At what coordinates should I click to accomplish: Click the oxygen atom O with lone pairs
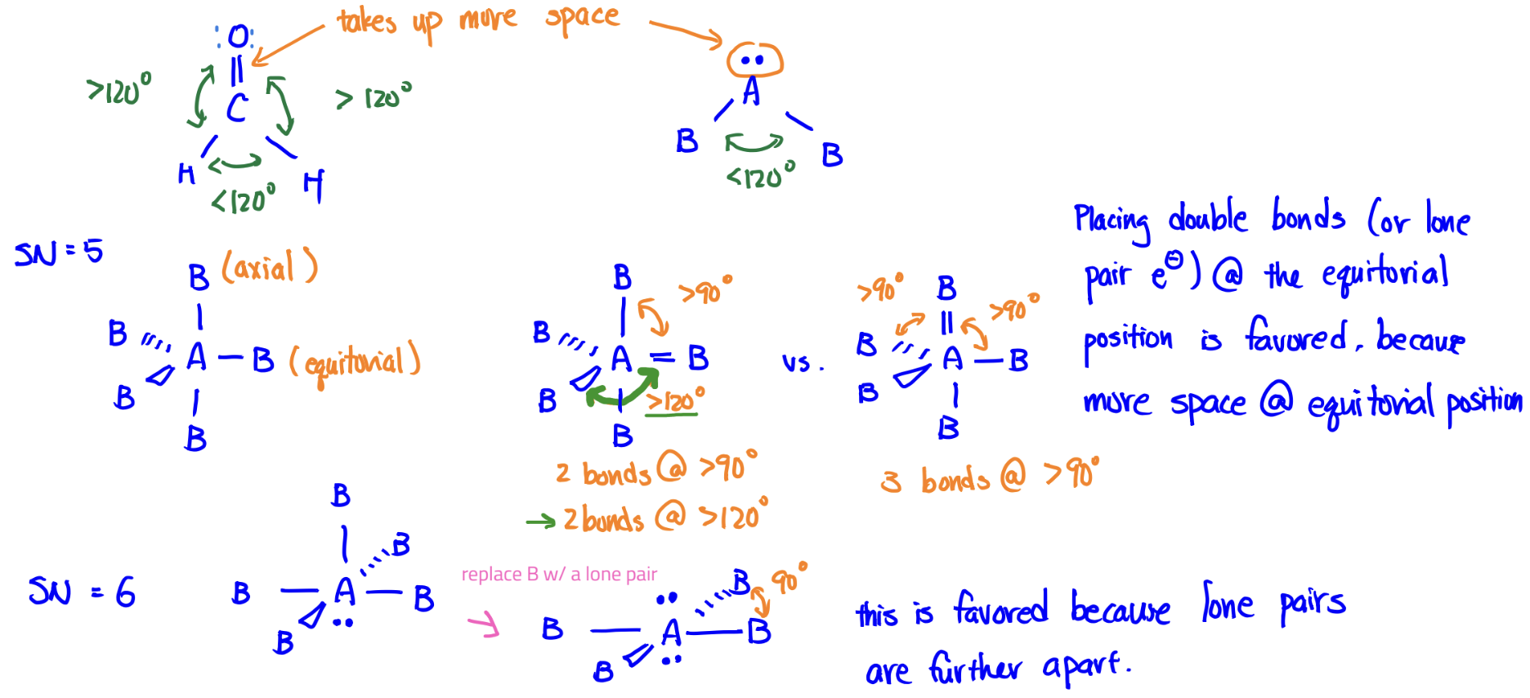point(238,37)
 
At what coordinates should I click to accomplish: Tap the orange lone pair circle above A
point(754,60)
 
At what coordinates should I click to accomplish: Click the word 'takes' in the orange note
point(367,21)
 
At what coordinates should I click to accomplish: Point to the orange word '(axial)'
point(269,266)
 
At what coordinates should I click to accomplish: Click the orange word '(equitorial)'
point(356,362)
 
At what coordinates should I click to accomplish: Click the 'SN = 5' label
point(59,253)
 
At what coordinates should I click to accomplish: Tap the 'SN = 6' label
point(82,591)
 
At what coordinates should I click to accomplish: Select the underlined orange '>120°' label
point(675,401)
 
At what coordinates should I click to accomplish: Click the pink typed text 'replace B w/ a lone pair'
point(559,575)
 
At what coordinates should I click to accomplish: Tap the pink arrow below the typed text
point(484,625)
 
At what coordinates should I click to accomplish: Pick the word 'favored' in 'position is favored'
point(1297,336)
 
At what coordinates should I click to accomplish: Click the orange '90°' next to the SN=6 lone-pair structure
point(789,579)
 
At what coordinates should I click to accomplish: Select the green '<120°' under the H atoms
point(244,200)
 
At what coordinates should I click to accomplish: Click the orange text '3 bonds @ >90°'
point(990,477)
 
